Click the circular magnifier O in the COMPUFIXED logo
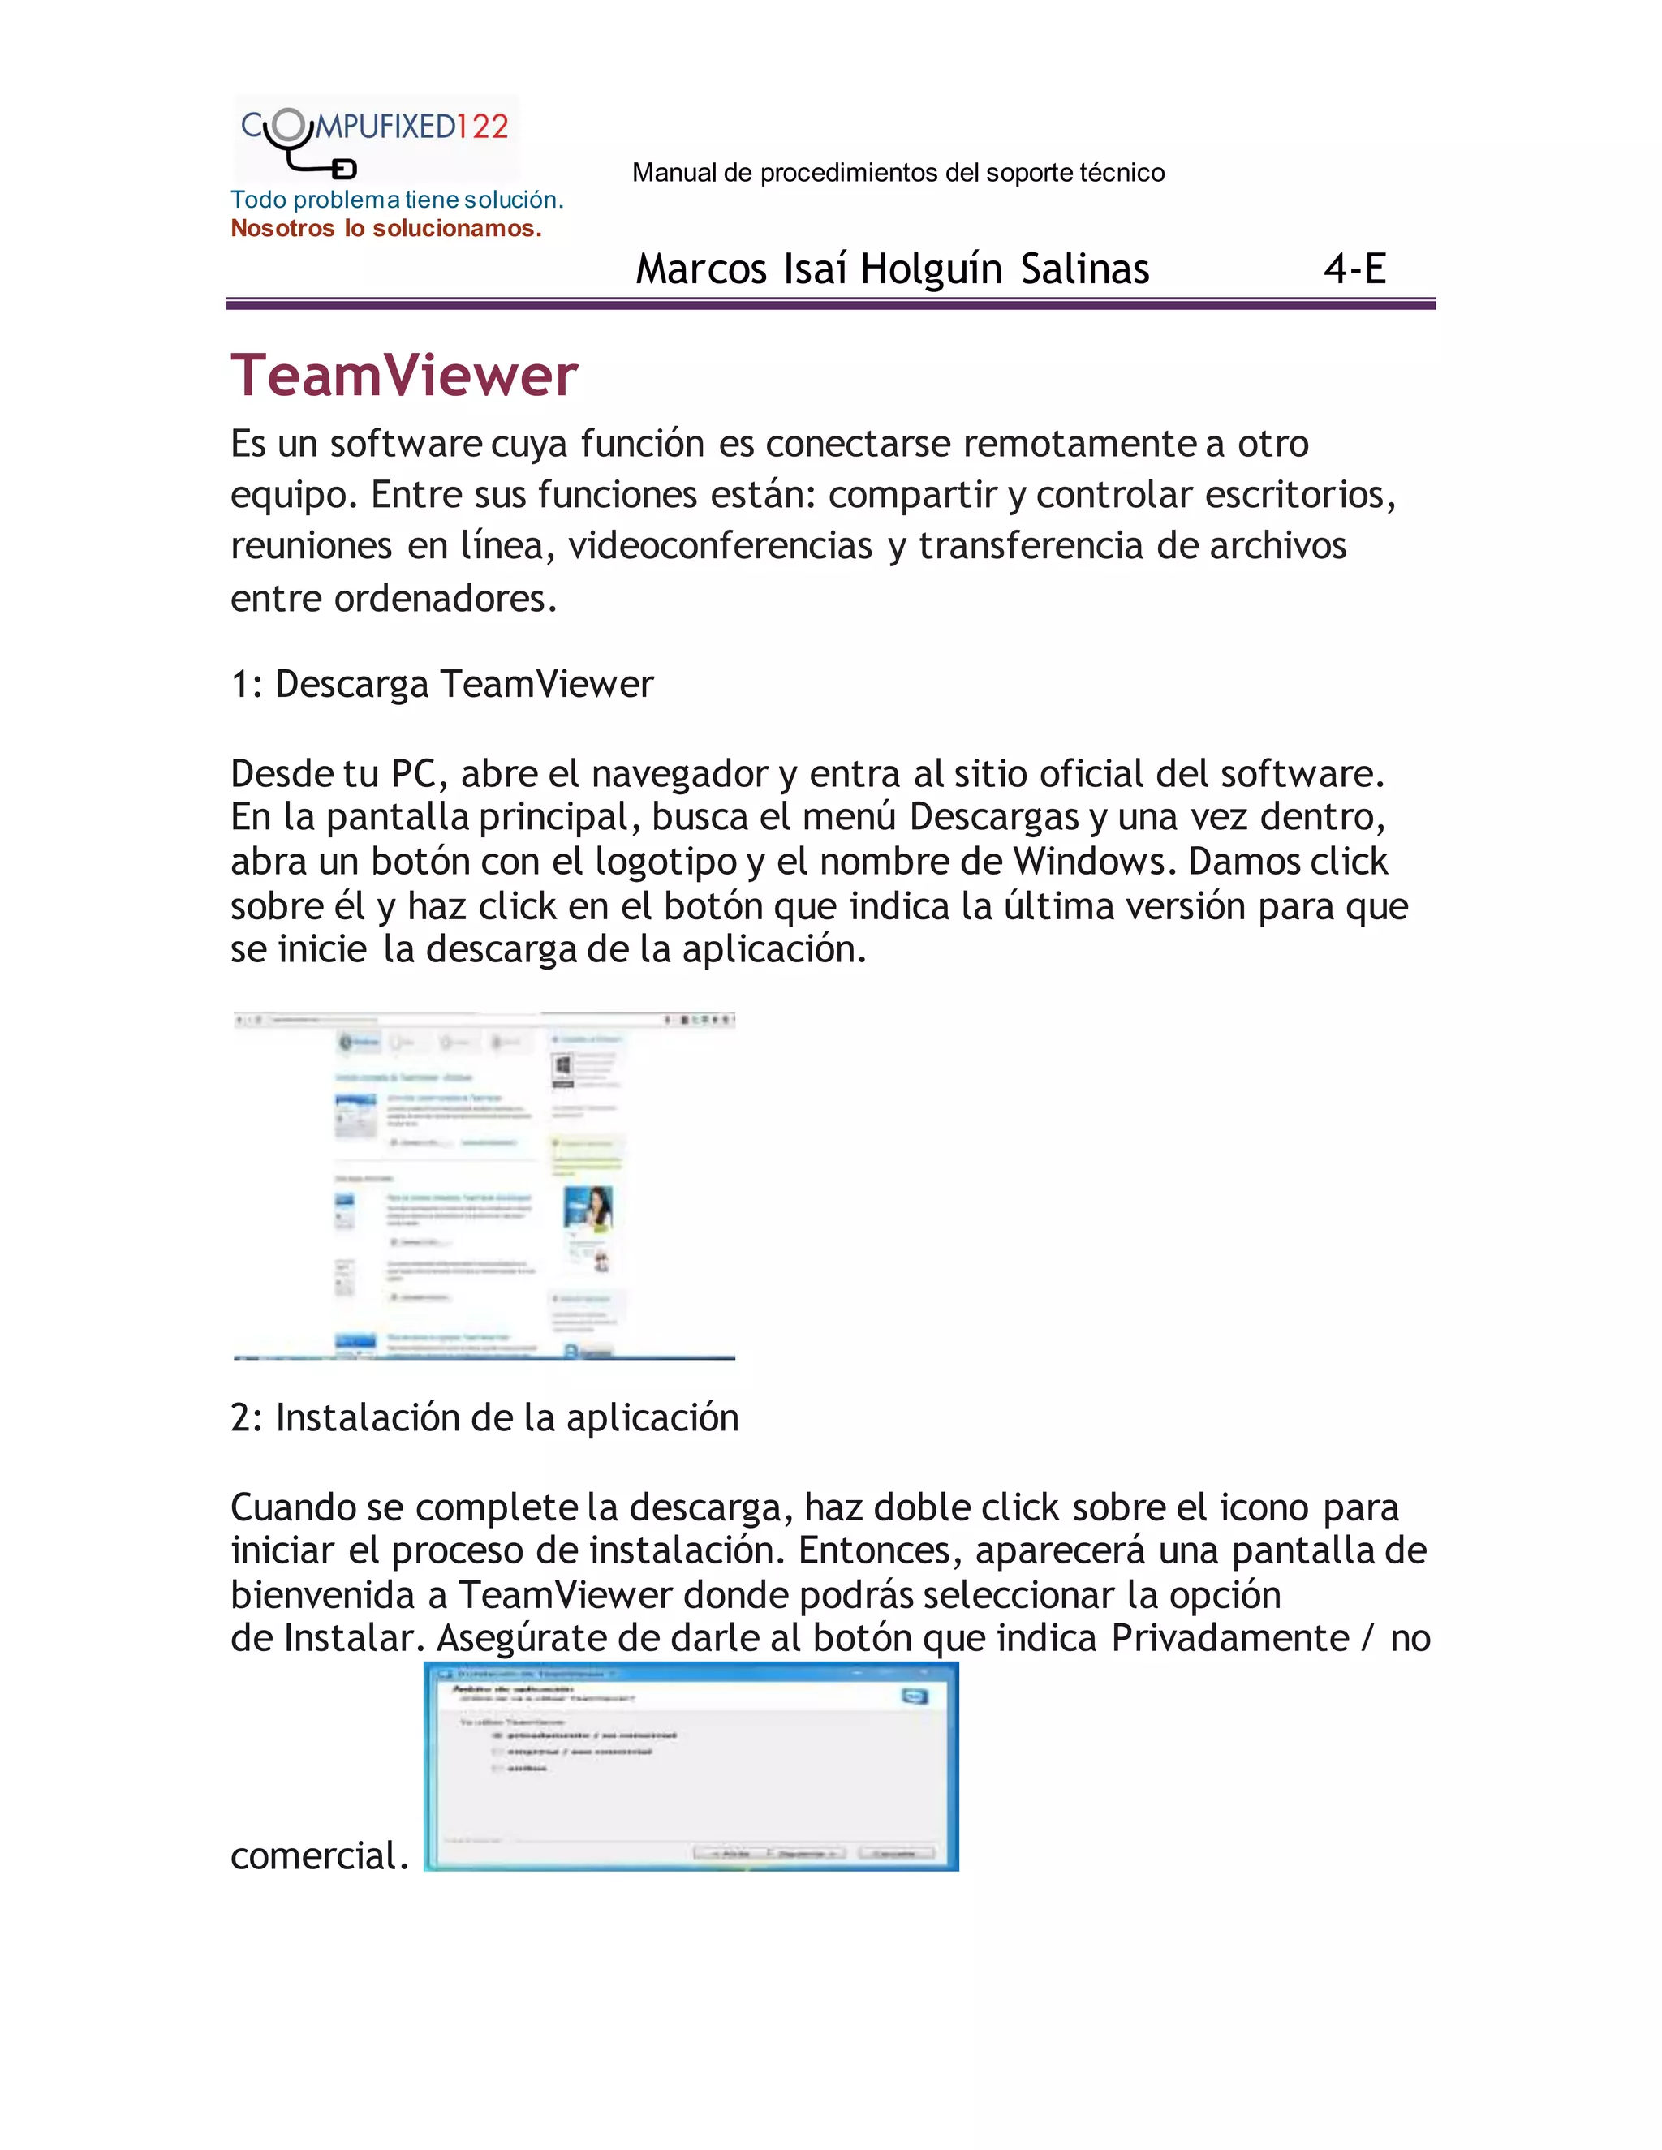288,125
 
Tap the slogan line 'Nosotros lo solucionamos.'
386,229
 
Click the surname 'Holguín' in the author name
931,269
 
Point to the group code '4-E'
1354,268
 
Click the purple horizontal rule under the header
830,305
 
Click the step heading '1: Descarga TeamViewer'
441,684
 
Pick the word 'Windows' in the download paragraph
1094,862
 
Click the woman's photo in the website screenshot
588,1208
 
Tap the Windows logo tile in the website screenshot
563,1067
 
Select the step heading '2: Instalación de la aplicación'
484,1417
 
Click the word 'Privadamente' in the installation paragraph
1229,1638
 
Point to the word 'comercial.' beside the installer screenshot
319,1855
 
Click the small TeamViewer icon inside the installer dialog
915,1696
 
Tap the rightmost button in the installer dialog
895,1853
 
